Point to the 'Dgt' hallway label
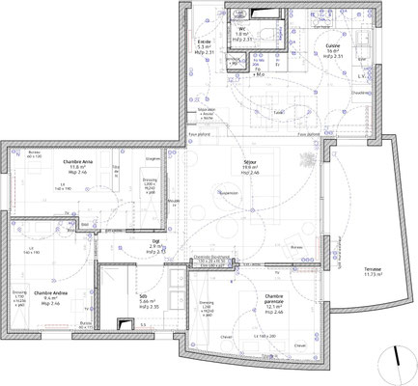(154, 243)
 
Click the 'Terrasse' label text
(372, 269)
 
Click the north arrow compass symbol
(396, 356)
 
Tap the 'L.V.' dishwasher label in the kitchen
(361, 74)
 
